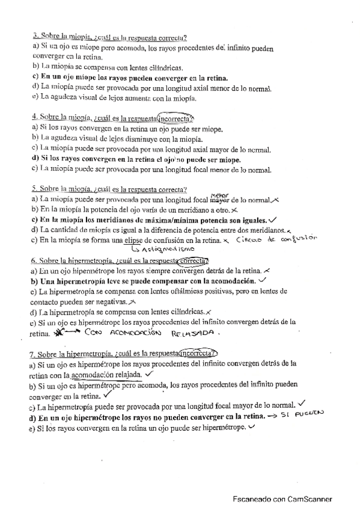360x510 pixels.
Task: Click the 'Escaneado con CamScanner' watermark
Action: (282, 499)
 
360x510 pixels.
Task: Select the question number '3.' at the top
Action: (36, 37)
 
